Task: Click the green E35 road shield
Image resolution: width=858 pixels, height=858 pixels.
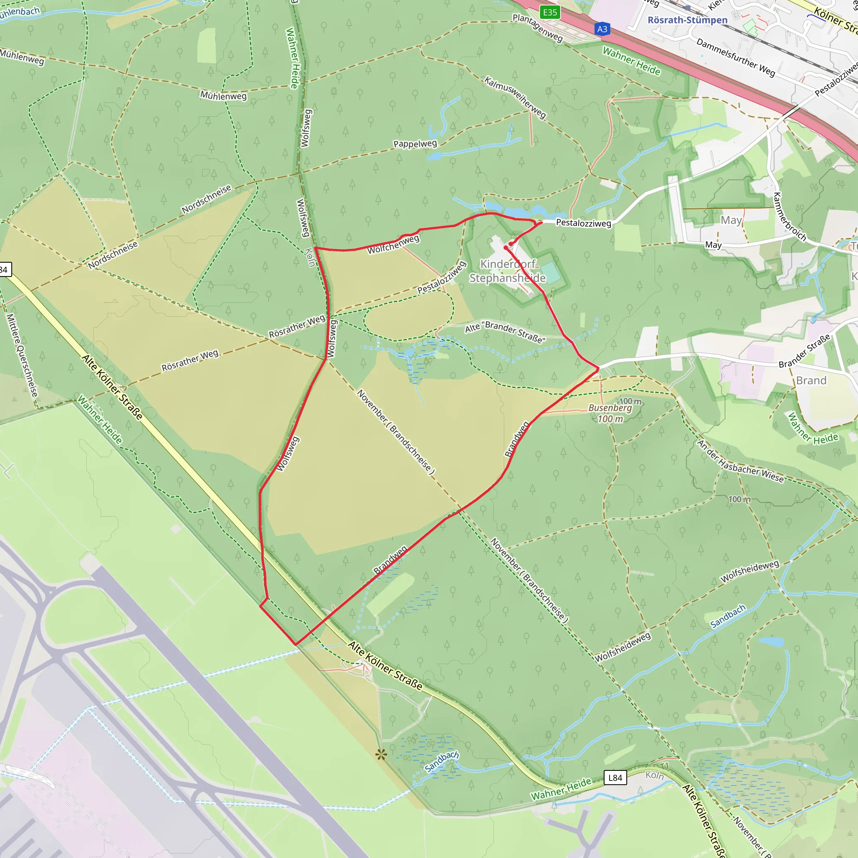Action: [550, 13]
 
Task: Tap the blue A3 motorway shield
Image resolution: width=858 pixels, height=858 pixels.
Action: [602, 29]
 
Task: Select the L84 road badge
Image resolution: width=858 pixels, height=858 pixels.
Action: [615, 778]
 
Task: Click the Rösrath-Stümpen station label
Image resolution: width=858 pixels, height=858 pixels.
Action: [687, 20]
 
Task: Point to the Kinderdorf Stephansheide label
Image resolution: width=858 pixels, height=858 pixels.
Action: [508, 271]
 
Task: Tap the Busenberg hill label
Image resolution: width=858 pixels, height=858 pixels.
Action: [610, 408]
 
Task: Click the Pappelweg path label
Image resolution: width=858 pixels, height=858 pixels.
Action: [415, 144]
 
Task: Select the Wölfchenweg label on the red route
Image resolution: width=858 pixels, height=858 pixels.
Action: [393, 245]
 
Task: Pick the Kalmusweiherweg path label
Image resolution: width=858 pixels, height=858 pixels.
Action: [515, 97]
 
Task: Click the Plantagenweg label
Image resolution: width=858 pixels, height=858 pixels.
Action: [538, 28]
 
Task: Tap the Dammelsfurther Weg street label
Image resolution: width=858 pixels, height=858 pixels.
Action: [735, 57]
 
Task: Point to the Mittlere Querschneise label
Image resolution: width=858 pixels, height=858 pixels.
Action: [22, 355]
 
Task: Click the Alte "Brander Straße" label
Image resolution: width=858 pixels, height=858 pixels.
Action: [505, 332]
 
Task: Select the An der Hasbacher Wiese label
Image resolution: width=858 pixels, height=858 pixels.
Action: [740, 461]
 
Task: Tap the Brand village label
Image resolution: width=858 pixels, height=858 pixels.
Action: [811, 380]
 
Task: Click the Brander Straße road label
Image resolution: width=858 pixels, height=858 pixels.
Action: [805, 351]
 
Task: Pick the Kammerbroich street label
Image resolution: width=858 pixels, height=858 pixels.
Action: [790, 217]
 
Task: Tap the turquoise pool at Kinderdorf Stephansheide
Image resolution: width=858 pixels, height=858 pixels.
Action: [550, 272]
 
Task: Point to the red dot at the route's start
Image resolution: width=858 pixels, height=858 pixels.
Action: [511, 244]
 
